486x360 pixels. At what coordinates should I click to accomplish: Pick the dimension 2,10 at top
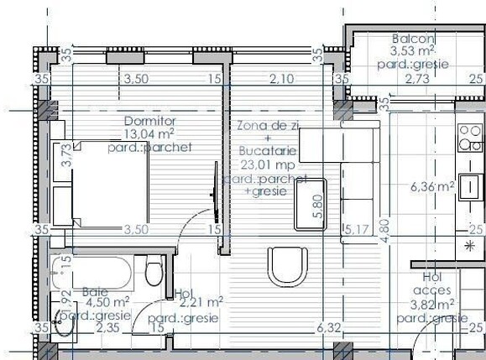click(282, 80)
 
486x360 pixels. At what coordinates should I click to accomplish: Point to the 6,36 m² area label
click(433, 186)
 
